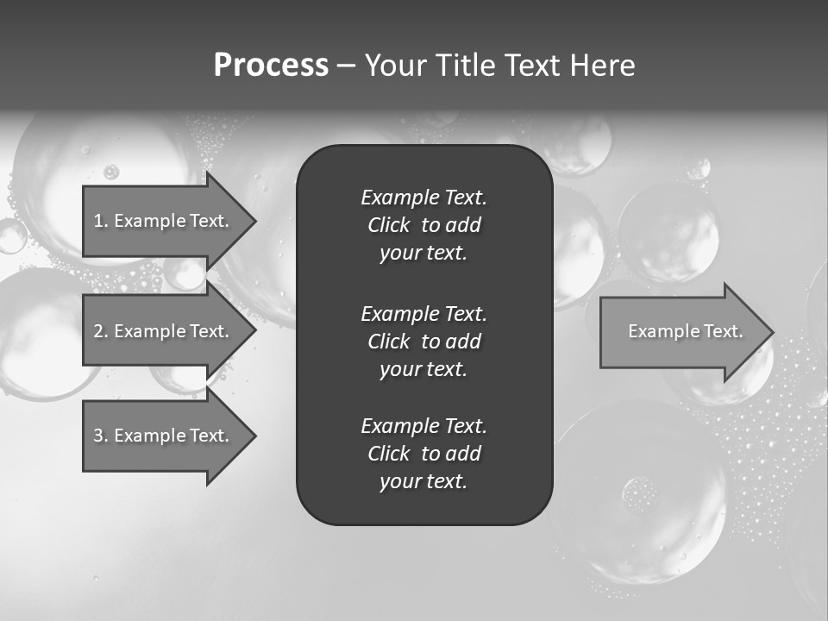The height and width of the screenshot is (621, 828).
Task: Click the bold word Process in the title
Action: tap(271, 66)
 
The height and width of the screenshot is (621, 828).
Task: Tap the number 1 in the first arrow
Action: tap(98, 221)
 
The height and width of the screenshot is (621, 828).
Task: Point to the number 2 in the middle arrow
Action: tap(98, 331)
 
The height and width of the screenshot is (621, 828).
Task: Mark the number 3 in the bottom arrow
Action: tap(98, 436)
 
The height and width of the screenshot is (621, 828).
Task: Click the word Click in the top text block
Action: tap(388, 225)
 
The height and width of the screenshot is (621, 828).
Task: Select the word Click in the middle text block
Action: tap(388, 342)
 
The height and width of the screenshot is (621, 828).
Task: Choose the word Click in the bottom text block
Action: tap(388, 454)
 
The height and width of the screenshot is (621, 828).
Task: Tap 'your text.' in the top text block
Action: tap(423, 254)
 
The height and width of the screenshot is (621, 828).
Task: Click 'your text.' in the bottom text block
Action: tap(423, 482)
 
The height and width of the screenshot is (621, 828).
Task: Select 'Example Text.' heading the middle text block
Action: tap(423, 313)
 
